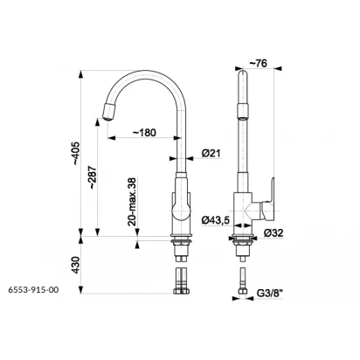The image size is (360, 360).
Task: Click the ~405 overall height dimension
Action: [x=76, y=154]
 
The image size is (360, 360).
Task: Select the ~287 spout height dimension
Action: [x=93, y=177]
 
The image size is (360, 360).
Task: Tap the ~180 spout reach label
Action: [x=144, y=133]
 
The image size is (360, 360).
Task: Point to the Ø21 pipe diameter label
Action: [x=211, y=153]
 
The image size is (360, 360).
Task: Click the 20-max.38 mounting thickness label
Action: [x=132, y=202]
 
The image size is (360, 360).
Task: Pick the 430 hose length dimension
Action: [x=76, y=265]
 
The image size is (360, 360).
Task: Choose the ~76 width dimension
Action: [x=259, y=63]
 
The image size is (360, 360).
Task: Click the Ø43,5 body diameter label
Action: [x=216, y=220]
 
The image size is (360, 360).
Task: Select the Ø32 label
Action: [x=273, y=232]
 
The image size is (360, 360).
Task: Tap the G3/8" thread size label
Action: [x=270, y=293]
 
